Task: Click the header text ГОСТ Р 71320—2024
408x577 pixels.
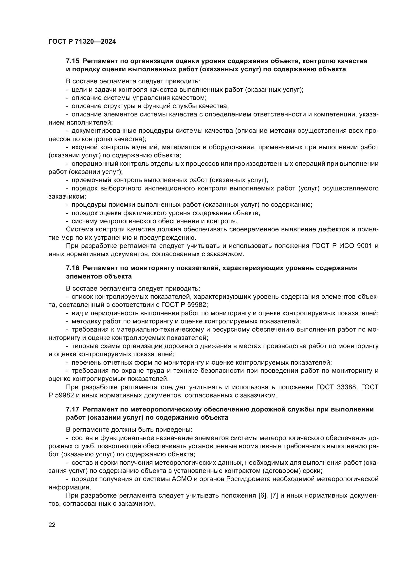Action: tap(82, 42)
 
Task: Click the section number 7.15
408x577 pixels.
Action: tap(72, 61)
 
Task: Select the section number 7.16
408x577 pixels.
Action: tap(72, 268)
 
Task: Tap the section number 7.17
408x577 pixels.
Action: tap(72, 409)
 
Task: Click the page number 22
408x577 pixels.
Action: tap(52, 525)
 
